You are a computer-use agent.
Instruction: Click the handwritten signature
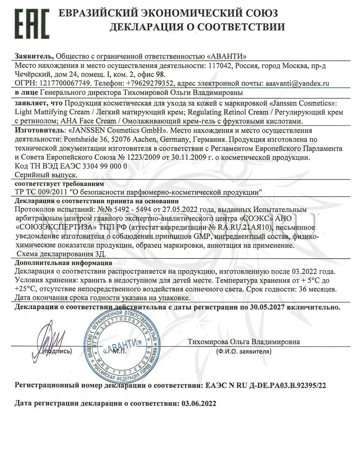[x=49, y=338]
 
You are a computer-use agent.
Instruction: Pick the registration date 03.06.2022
[x=198, y=404]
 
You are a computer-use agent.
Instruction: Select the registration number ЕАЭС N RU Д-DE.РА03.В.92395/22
[x=265, y=386]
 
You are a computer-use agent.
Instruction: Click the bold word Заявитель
[x=34, y=56]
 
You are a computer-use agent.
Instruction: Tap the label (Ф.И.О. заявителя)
[x=243, y=351]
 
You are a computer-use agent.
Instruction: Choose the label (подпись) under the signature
[x=56, y=351]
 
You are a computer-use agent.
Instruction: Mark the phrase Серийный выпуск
[x=46, y=175]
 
